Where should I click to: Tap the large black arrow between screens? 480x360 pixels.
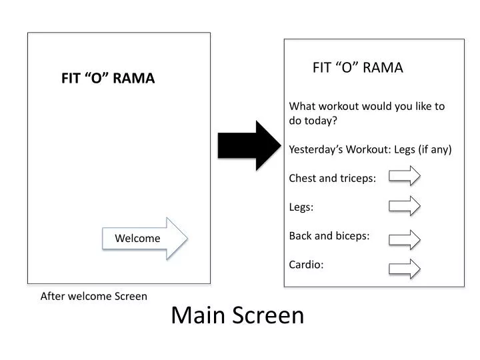[x=249, y=145]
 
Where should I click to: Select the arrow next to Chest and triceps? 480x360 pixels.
[x=405, y=176]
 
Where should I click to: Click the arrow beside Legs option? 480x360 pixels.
[x=405, y=205]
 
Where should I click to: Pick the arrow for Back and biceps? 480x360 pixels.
[x=405, y=239]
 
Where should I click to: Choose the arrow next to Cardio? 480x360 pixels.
[x=405, y=269]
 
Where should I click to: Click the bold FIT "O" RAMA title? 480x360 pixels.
[x=108, y=79]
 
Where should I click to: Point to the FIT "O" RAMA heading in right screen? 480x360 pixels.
[x=358, y=67]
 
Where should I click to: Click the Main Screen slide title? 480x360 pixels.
[x=237, y=315]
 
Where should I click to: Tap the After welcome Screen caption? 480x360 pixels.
[x=94, y=296]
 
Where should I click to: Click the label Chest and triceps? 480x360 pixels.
[x=332, y=178]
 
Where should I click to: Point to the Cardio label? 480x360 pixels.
[x=306, y=265]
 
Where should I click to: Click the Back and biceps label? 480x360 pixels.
[x=329, y=236]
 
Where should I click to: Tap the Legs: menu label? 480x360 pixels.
[x=301, y=207]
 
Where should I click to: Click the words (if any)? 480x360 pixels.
[x=435, y=149]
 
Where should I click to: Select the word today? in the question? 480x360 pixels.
[x=321, y=121]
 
